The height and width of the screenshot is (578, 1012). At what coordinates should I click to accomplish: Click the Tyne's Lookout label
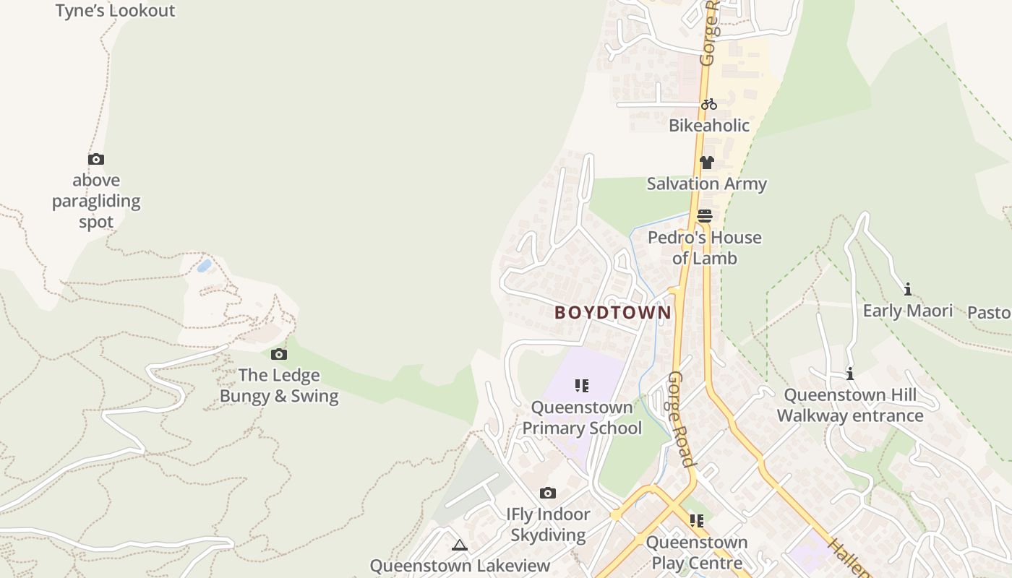click(115, 11)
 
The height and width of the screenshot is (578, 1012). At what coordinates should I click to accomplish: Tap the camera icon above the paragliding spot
click(96, 160)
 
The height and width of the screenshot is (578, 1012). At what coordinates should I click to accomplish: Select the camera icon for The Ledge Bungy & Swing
click(279, 355)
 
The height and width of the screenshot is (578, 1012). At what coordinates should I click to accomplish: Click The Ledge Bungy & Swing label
click(279, 386)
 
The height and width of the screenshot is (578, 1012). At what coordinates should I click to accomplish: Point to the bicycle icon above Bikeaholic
click(709, 104)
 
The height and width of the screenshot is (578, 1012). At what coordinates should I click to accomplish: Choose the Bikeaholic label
click(709, 126)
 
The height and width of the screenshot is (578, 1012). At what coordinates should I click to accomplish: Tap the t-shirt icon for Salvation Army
click(706, 163)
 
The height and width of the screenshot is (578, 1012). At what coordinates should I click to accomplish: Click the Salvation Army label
click(706, 184)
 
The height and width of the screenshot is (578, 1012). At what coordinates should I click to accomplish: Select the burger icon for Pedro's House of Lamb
click(705, 216)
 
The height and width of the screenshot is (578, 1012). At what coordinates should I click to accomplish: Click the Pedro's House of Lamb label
click(705, 248)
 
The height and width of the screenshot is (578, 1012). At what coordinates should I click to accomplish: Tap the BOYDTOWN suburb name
click(613, 313)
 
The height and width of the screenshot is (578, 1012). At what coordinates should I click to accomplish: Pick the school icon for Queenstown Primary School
click(582, 386)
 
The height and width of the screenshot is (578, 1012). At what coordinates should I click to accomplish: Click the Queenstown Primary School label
click(582, 418)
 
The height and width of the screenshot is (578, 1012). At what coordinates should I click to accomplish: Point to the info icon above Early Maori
click(908, 290)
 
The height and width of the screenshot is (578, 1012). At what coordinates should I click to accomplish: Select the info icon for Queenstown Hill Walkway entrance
click(850, 374)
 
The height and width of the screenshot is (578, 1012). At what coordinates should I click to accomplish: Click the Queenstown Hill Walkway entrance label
click(850, 405)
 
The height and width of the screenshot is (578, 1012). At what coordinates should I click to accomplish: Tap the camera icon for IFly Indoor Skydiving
click(548, 493)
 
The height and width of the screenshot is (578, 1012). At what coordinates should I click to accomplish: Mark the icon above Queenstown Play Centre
click(697, 521)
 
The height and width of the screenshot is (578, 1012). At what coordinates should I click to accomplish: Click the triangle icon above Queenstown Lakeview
click(460, 545)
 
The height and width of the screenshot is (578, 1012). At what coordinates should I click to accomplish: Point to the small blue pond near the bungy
click(205, 266)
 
